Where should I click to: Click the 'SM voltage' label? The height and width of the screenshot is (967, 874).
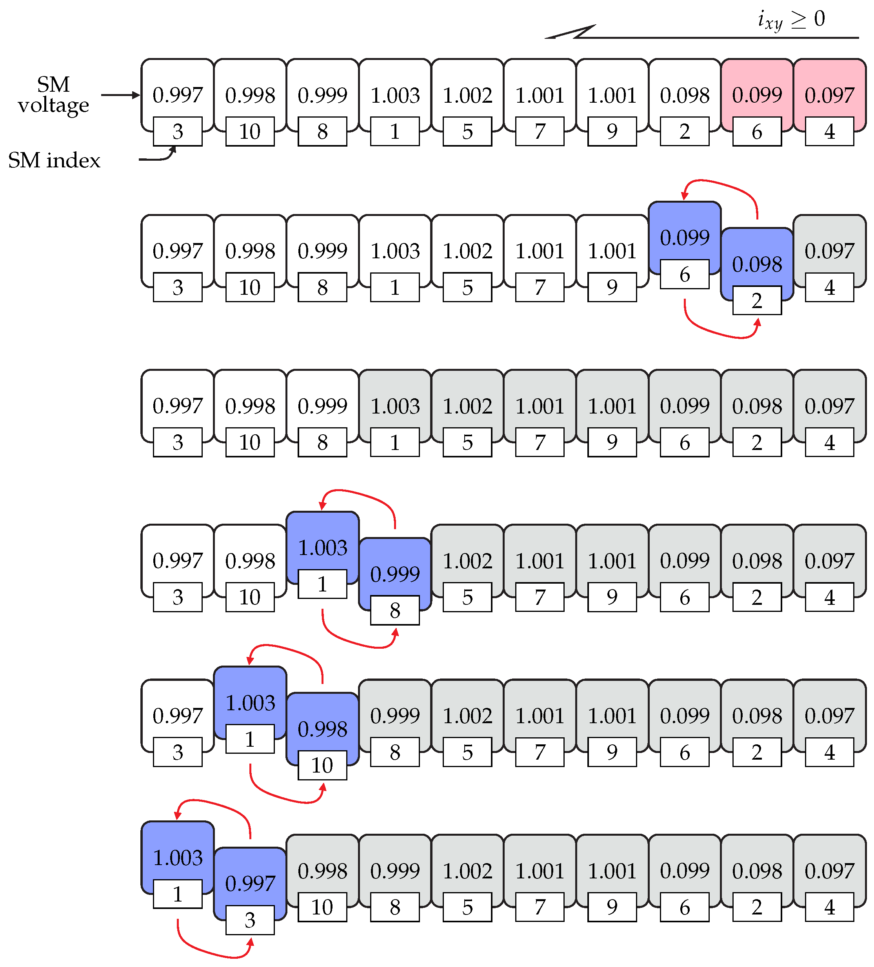53,94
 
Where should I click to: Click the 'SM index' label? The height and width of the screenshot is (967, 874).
54,160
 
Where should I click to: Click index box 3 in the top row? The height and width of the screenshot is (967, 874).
178,131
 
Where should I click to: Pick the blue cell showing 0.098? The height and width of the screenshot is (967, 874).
757,263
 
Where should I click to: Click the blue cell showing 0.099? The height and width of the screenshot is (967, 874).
685,237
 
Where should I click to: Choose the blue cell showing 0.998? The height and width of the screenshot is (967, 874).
322,729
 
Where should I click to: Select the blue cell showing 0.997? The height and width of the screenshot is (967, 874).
250,883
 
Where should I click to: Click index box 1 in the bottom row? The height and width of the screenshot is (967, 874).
178,894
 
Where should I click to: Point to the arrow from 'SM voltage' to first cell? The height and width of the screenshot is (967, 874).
120,95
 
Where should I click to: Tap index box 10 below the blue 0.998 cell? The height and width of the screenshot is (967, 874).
322,765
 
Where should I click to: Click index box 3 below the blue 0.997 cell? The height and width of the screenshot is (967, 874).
250,920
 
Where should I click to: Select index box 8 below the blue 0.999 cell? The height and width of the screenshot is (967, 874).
395,610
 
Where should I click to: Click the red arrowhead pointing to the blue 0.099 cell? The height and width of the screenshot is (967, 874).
685,195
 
